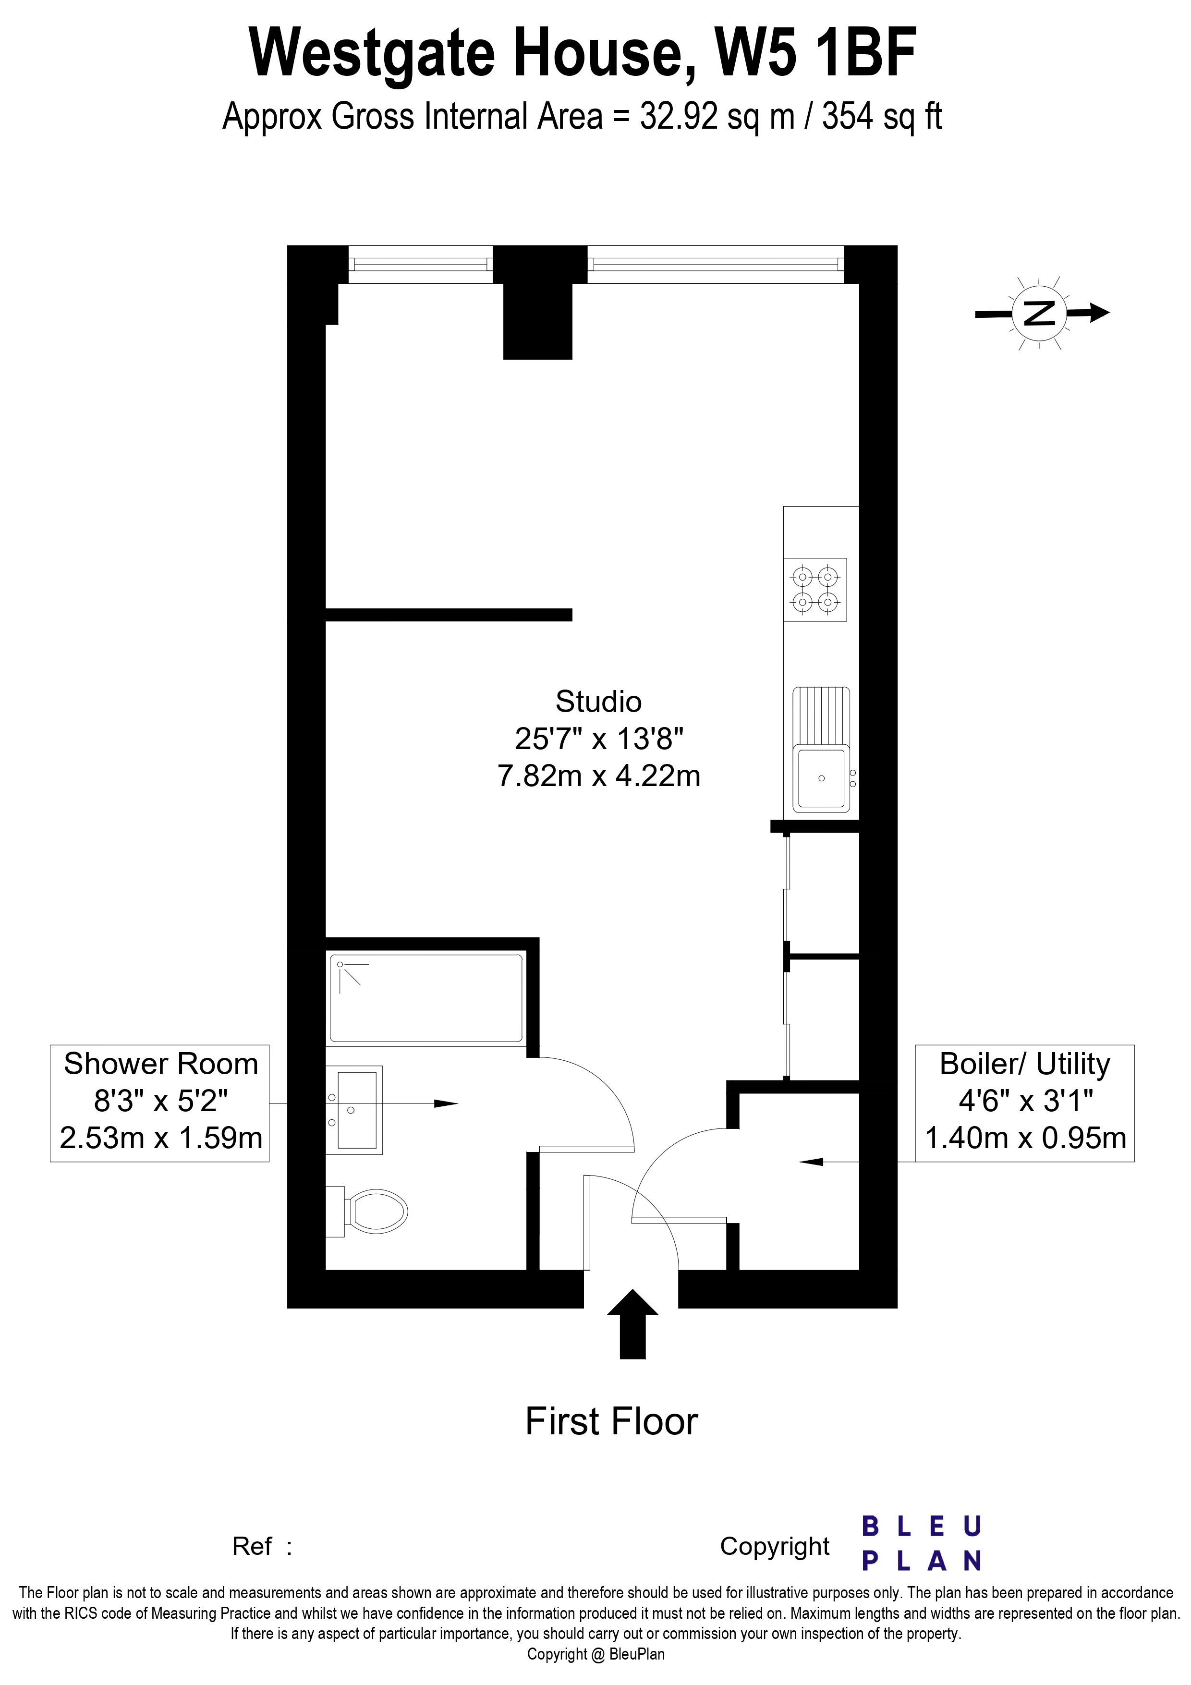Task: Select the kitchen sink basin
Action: click(821, 778)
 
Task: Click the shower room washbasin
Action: click(354, 1110)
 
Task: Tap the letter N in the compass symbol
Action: click(1039, 314)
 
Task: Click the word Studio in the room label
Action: click(599, 702)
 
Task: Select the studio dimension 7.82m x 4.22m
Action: click(599, 776)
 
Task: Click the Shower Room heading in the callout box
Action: click(161, 1064)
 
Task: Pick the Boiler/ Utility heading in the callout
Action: click(1025, 1064)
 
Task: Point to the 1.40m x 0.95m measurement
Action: click(1025, 1138)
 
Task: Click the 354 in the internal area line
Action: click(845, 117)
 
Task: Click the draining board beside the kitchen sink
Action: click(821, 715)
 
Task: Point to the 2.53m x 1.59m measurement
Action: click(161, 1138)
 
